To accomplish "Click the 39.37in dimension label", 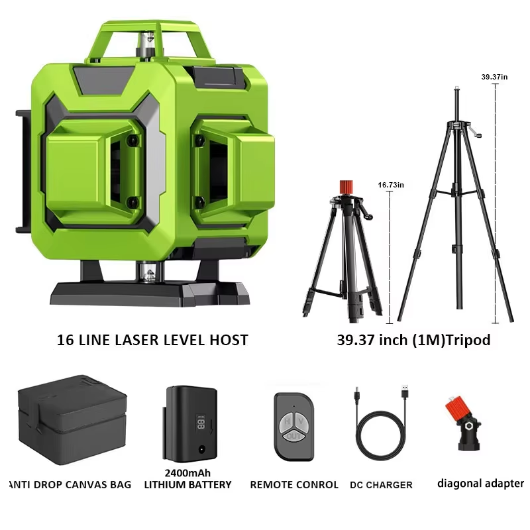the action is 494,77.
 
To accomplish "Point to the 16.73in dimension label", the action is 391,185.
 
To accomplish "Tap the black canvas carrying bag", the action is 72,419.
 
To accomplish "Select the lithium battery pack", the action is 190,424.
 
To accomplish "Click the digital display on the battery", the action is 201,423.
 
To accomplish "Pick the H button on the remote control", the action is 287,421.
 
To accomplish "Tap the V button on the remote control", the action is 301,421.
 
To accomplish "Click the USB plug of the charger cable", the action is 405,392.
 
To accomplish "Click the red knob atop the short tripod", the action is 346,187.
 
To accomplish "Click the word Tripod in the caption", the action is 468,340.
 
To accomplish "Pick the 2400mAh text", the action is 187,473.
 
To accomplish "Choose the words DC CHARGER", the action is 382,485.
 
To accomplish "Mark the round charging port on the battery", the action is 202,449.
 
